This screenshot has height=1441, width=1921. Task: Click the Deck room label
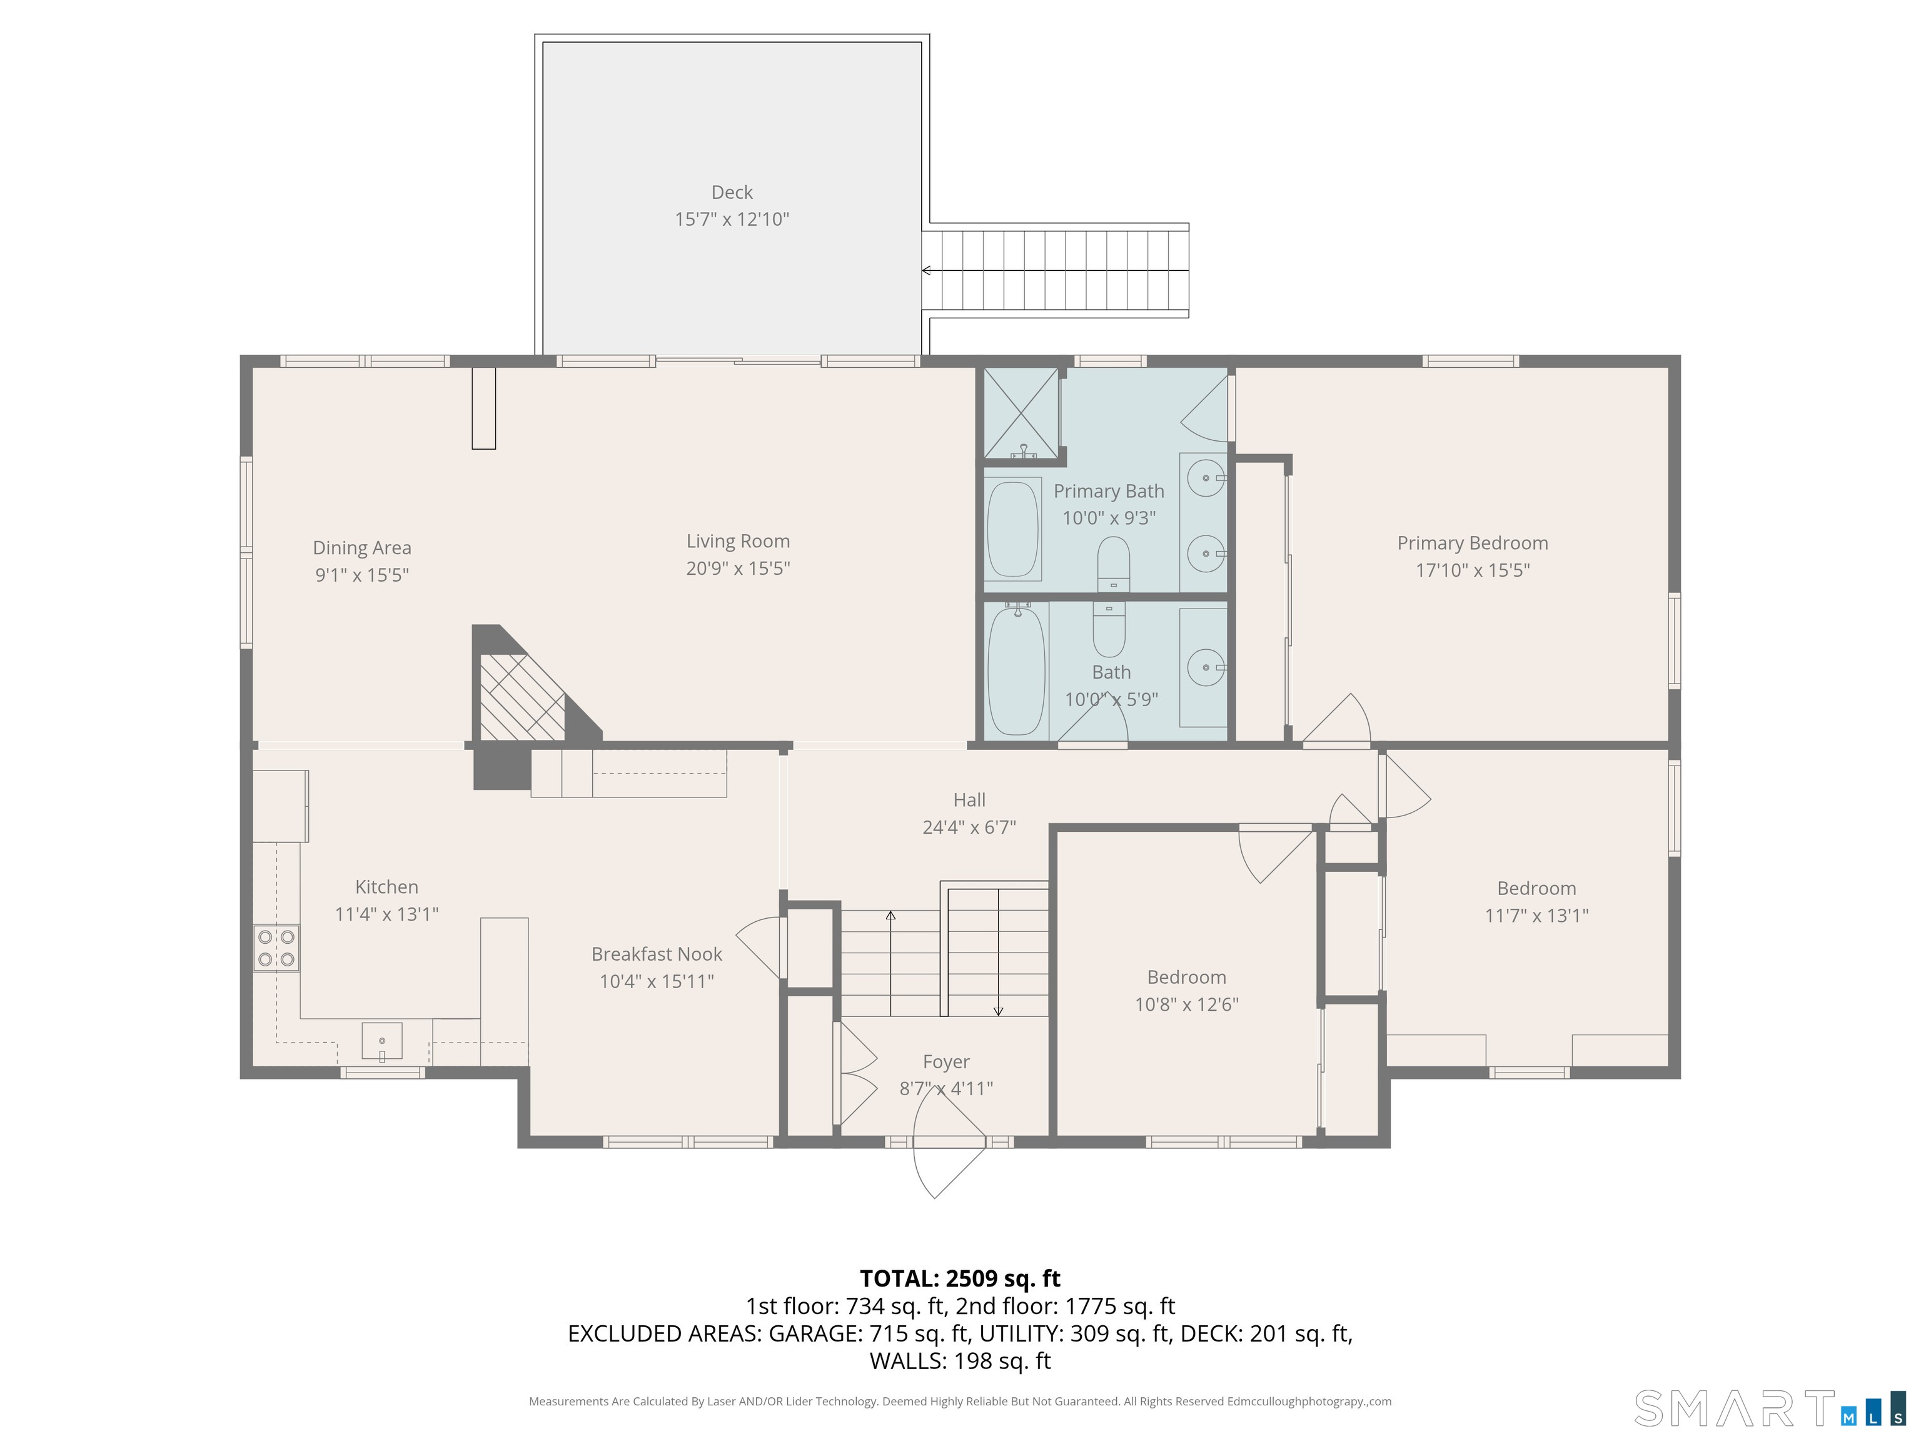731,192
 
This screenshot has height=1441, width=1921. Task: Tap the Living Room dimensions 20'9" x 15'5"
737,568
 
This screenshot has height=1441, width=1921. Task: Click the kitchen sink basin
382,1041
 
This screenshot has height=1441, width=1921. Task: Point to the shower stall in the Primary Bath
1021,413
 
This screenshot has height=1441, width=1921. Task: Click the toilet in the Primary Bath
1113,565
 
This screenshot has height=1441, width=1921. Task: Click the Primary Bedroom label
1472,543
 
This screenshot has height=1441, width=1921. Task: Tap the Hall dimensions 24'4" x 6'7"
969,827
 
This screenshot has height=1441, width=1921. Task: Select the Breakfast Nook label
657,954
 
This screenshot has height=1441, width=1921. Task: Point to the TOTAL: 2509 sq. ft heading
960,1278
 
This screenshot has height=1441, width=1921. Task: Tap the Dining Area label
362,548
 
